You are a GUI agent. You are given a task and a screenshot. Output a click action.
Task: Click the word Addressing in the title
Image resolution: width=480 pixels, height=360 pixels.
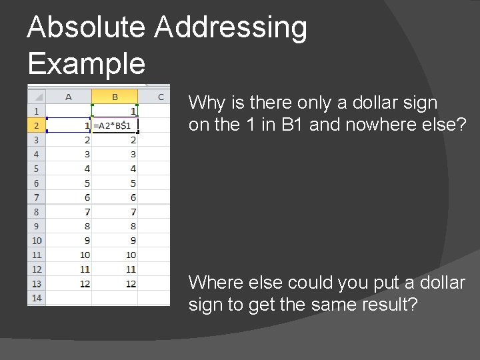coord(231,28)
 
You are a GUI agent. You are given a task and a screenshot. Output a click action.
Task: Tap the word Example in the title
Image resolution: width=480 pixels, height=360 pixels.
coord(87,64)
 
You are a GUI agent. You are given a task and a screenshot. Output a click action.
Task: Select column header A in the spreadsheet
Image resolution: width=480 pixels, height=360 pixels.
coord(69,97)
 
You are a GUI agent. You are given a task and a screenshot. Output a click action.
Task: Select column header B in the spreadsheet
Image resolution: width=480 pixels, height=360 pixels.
coord(115,97)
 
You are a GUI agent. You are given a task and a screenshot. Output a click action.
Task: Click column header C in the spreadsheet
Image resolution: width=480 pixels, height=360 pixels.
coord(161,97)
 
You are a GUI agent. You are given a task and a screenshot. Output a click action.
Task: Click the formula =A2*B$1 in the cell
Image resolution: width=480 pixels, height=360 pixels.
coord(112,125)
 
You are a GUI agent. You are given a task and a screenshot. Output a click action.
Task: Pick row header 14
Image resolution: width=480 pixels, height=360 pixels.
coord(36,298)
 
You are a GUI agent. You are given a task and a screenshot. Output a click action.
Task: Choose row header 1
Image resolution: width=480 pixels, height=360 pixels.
coord(36,111)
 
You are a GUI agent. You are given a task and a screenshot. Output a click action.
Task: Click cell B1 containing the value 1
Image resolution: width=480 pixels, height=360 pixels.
coord(133,111)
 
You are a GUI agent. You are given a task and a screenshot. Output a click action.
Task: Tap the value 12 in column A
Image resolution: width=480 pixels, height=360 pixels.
coord(85,283)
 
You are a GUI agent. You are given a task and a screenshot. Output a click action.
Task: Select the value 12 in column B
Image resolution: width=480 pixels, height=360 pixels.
coord(131,283)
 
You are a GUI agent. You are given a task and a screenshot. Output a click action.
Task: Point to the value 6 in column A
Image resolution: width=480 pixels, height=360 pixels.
coord(87,197)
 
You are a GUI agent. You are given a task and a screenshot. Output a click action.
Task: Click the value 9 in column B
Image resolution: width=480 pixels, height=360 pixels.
coord(133,241)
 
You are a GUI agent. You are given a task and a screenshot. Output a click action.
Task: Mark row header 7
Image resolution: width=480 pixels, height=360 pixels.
coord(36,197)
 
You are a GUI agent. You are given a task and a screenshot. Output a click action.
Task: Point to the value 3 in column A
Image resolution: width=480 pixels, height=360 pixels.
coord(87,154)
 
